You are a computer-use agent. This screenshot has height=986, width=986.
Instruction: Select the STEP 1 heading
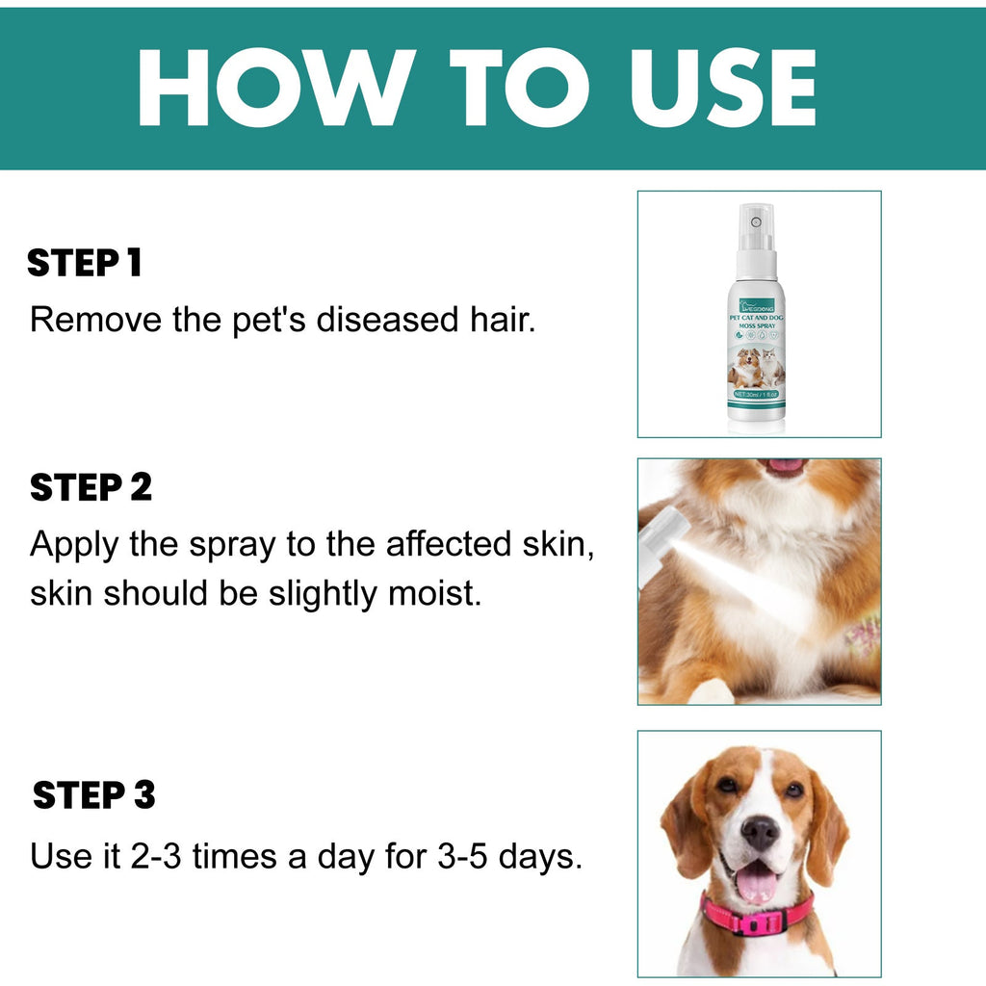pos(85,263)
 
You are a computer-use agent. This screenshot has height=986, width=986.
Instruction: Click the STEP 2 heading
pos(91,488)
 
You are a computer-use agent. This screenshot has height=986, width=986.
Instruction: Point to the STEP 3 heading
pos(93,796)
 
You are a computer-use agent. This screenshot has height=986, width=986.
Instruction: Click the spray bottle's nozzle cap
pos(757,227)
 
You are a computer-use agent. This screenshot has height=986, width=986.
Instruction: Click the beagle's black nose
pos(760,831)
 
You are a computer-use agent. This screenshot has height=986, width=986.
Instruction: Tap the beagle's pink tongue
pos(757,879)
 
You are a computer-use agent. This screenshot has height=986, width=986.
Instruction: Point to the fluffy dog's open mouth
pos(785,466)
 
